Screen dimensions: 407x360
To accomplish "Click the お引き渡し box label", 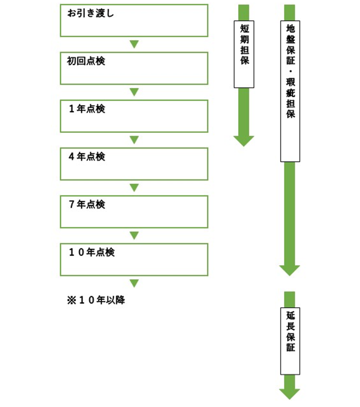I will (x=90, y=13).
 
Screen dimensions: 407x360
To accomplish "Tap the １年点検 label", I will (x=87, y=109).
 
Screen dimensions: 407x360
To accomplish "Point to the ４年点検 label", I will (x=87, y=157).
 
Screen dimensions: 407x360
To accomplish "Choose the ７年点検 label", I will (x=87, y=205).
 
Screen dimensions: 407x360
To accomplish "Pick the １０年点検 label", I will (x=92, y=253).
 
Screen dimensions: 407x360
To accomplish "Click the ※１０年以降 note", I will (x=96, y=301).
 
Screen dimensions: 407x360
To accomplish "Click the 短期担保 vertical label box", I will (x=244, y=54).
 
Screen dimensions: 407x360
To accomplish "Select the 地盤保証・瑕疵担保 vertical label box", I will (x=290, y=91).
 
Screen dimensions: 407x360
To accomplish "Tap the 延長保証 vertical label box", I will (x=290, y=341).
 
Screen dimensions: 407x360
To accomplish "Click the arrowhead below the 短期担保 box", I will (x=244, y=140).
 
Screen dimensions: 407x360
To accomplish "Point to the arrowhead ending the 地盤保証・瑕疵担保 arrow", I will (x=290, y=270).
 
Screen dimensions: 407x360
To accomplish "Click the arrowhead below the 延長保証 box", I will (x=290, y=394).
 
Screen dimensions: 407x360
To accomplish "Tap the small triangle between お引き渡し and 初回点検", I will (x=134, y=44).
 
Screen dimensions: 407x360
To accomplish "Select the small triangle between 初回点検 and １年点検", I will (x=134, y=92).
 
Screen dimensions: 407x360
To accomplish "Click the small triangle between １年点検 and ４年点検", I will (x=134, y=140).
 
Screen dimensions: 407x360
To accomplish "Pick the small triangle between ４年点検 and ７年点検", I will (x=134, y=187).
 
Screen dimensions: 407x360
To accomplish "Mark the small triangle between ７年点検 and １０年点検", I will (x=134, y=236).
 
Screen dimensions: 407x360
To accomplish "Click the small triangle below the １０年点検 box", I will (x=134, y=283).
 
